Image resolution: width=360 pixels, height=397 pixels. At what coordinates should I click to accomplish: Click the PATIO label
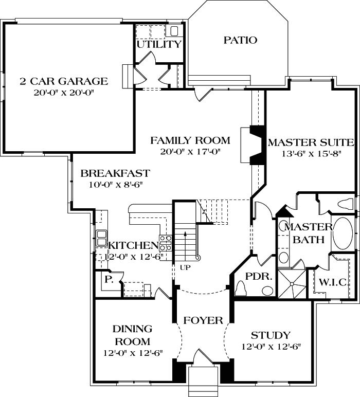tap(240, 40)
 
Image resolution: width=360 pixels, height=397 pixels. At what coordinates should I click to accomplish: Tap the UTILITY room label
tap(159, 44)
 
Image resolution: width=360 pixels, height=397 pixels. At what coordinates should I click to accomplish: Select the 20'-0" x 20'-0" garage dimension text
tap(64, 94)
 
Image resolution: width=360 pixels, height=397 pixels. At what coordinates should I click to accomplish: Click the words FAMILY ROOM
tap(190, 140)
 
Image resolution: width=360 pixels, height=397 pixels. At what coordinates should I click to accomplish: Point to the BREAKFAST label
tap(115, 173)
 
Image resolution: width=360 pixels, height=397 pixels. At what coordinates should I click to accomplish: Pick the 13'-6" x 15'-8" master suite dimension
tap(311, 154)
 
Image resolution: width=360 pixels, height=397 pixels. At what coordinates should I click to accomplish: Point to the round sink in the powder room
tap(267, 291)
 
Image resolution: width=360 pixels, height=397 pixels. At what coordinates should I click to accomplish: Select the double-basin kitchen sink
tap(100, 238)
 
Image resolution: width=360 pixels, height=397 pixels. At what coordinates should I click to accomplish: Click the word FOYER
tap(203, 320)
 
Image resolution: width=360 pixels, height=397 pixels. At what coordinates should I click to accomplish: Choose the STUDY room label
tap(271, 336)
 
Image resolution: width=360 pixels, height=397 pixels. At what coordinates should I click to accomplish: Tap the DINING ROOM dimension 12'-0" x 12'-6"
tap(133, 353)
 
